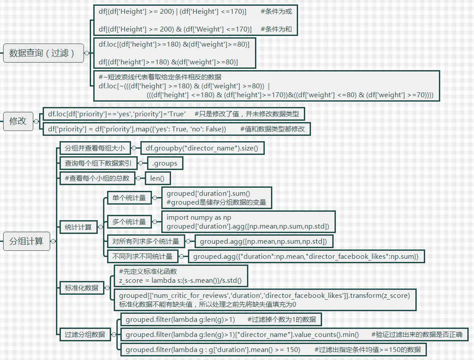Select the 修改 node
(x=18, y=121)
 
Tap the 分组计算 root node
(x=26, y=241)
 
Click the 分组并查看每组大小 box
(x=95, y=148)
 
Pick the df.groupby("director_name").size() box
(x=202, y=148)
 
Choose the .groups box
(x=164, y=163)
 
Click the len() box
(x=157, y=178)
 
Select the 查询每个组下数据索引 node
(x=98, y=163)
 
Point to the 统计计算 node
(x=78, y=227)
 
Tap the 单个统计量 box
(x=129, y=198)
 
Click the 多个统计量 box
(x=129, y=222)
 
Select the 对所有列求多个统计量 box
(x=146, y=241)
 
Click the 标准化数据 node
(x=81, y=288)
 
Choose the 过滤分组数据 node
(x=85, y=334)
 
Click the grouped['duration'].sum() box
(x=216, y=198)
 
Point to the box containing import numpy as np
(x=247, y=222)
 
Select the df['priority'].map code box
(x=176, y=129)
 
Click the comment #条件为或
(x=276, y=12)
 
